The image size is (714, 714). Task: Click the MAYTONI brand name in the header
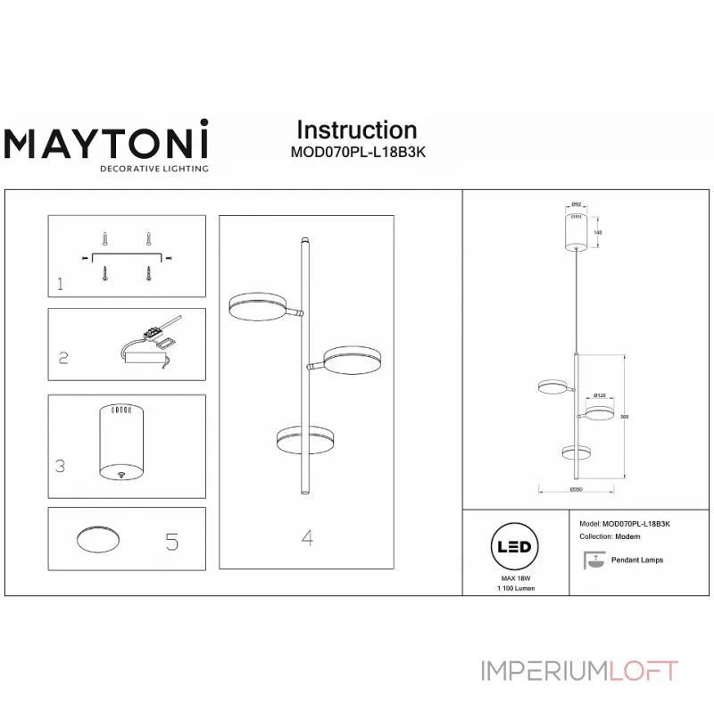coord(107,142)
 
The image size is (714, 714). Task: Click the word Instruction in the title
coord(356,130)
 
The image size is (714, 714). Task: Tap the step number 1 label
coord(60,285)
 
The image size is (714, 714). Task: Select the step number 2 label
coord(63,358)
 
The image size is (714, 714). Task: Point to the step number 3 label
coord(60,465)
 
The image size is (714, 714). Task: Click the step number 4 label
coord(306,538)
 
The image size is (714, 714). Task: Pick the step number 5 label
coord(172,540)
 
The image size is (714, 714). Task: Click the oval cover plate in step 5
coord(99,539)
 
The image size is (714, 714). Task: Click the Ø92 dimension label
coord(577,204)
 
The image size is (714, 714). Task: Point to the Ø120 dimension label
coord(600,395)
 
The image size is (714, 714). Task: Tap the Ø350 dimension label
coord(577,490)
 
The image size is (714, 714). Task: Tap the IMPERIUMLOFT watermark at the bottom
coord(579,669)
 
